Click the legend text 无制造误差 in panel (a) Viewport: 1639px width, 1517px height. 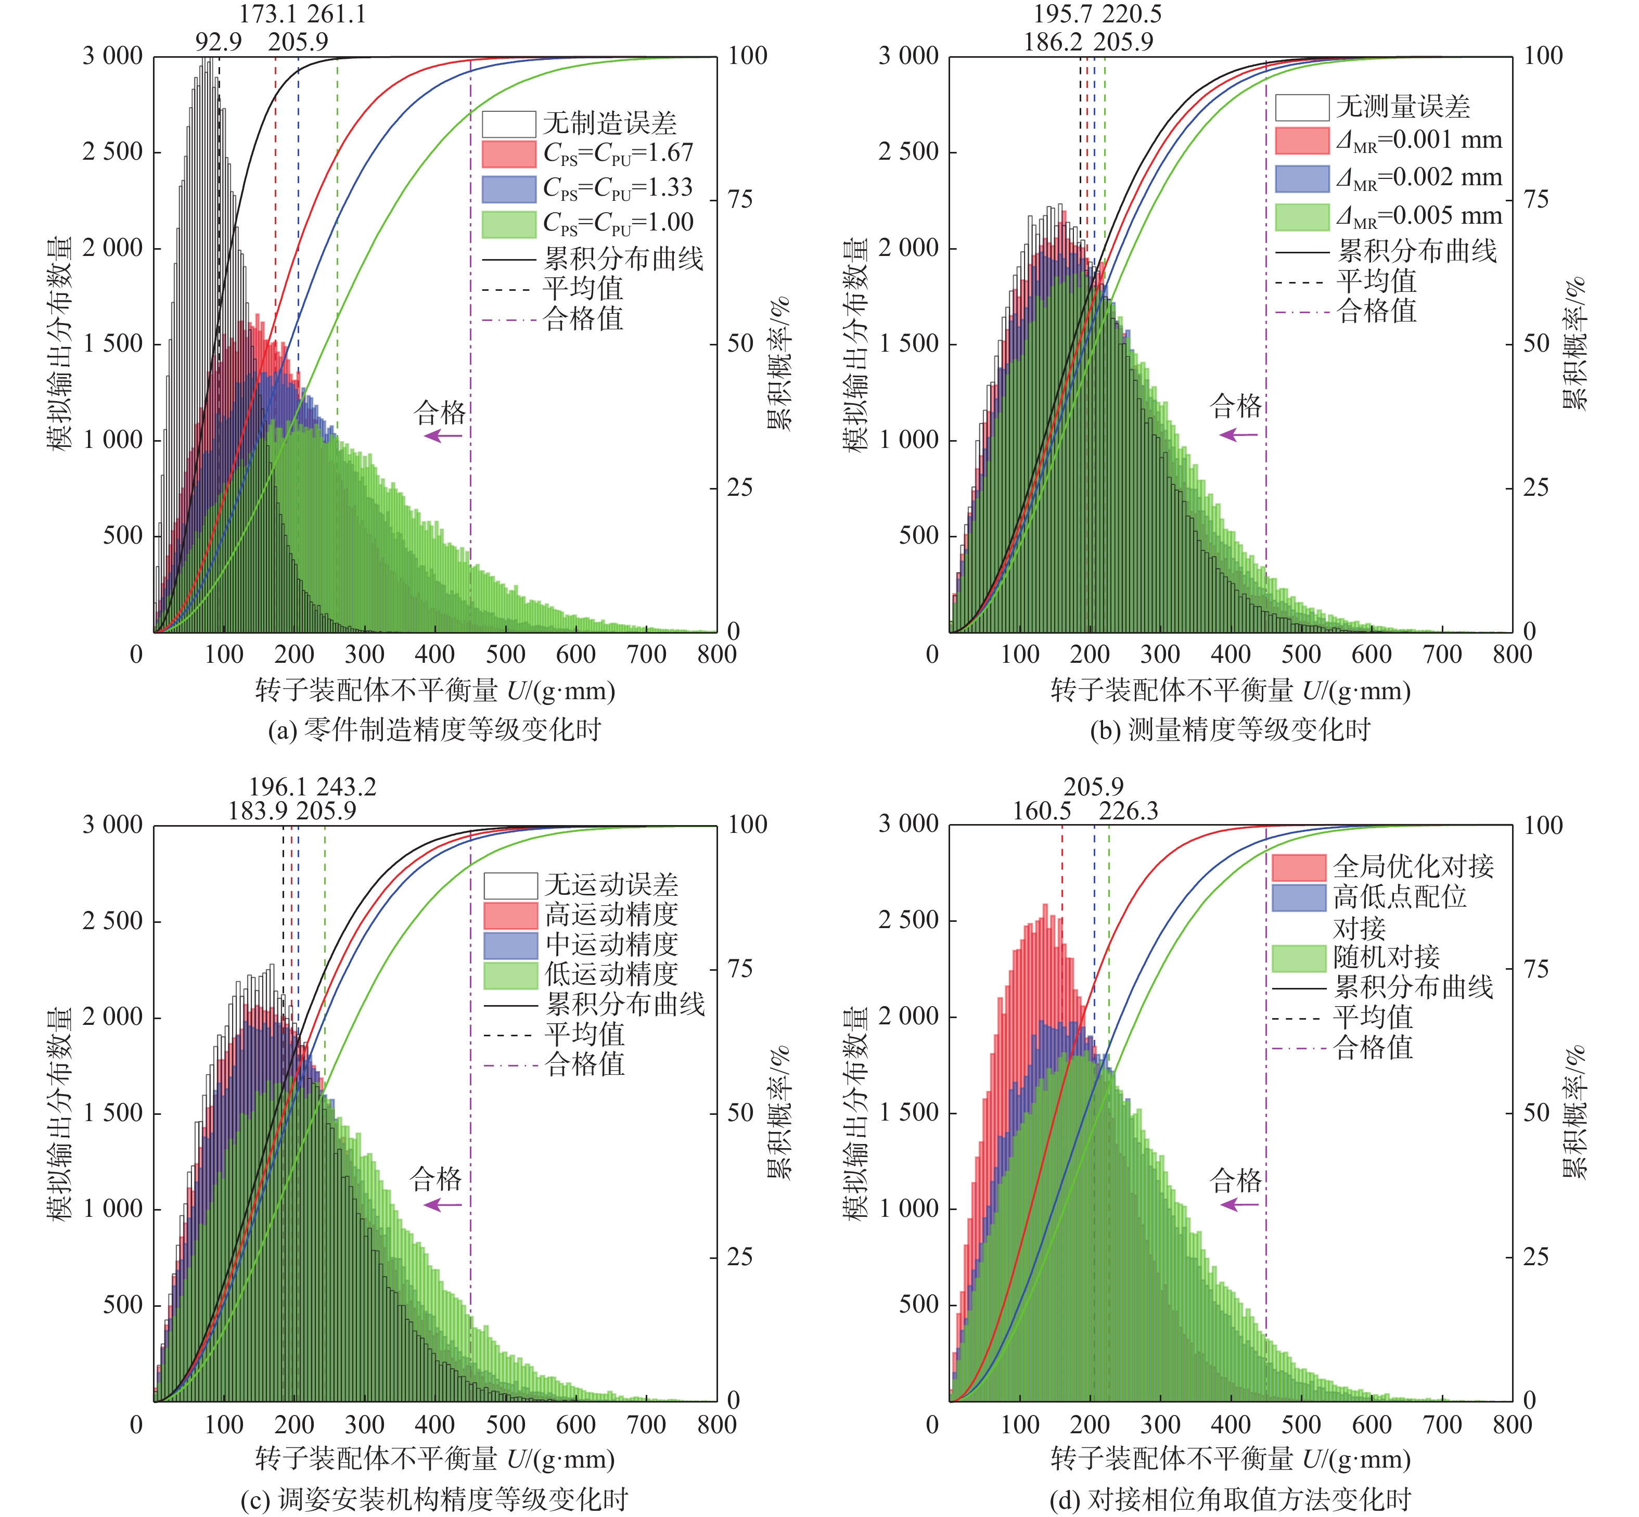(x=609, y=123)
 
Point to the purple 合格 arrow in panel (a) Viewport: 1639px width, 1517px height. (x=443, y=436)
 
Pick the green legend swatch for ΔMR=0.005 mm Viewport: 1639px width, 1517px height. (x=1301, y=217)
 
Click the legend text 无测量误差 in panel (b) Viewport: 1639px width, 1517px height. (x=1402, y=107)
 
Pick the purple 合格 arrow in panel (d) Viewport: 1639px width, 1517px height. (x=1239, y=1205)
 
